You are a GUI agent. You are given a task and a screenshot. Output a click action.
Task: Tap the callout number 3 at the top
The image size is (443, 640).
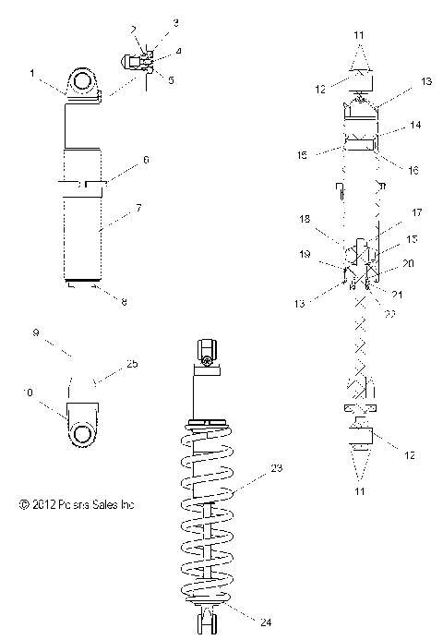150,20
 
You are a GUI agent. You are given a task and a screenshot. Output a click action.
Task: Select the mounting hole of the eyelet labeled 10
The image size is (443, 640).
81,433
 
